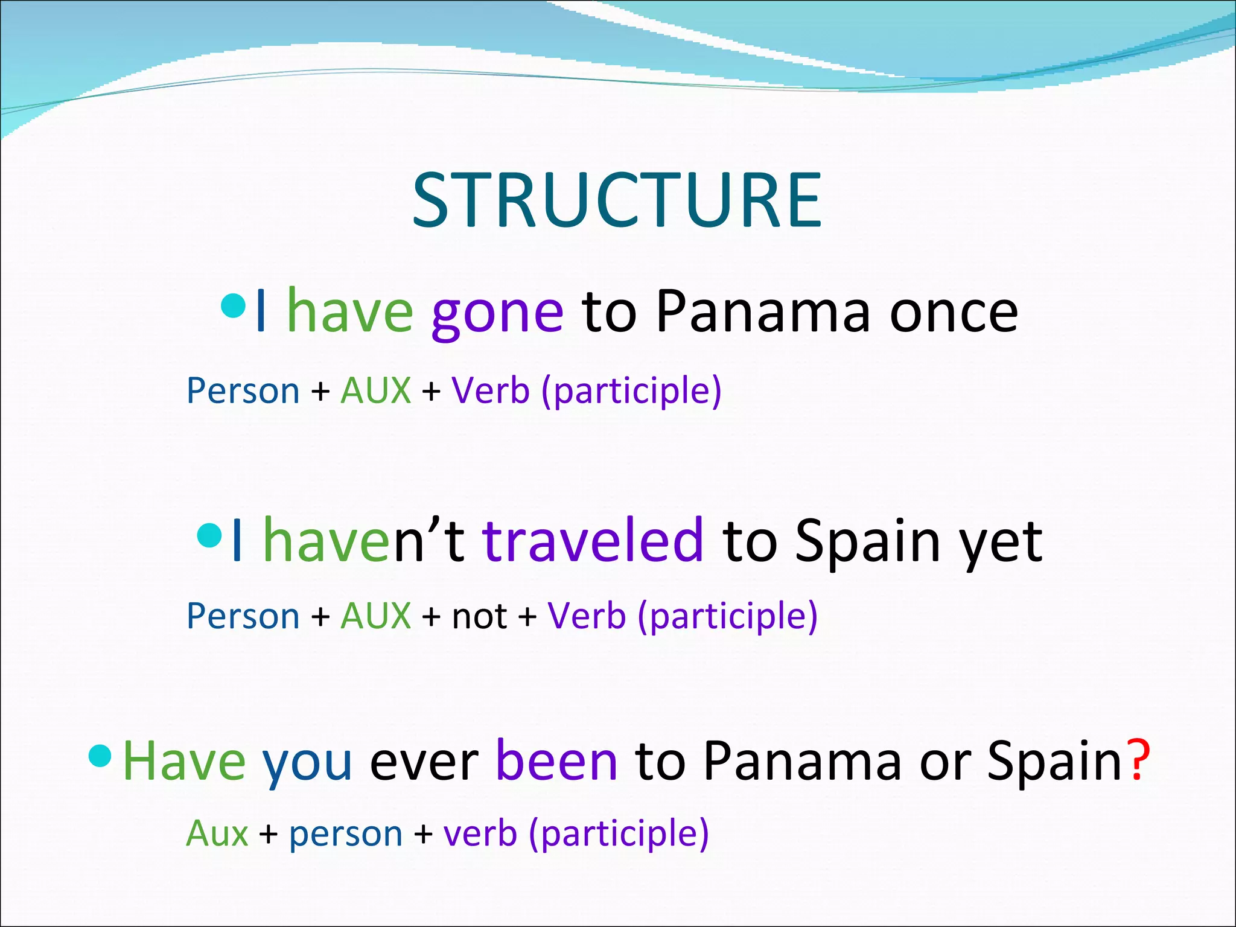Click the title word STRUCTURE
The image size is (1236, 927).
point(617,200)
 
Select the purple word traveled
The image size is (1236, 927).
point(593,540)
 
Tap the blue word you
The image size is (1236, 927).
point(307,765)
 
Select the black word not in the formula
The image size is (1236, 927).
point(479,617)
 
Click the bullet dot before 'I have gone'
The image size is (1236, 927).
point(233,307)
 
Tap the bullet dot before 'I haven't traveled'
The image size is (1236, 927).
point(209,535)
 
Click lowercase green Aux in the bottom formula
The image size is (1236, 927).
point(217,834)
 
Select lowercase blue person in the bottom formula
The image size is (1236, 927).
point(345,835)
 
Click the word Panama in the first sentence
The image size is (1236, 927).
point(763,313)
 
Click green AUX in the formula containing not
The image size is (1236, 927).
point(375,616)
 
